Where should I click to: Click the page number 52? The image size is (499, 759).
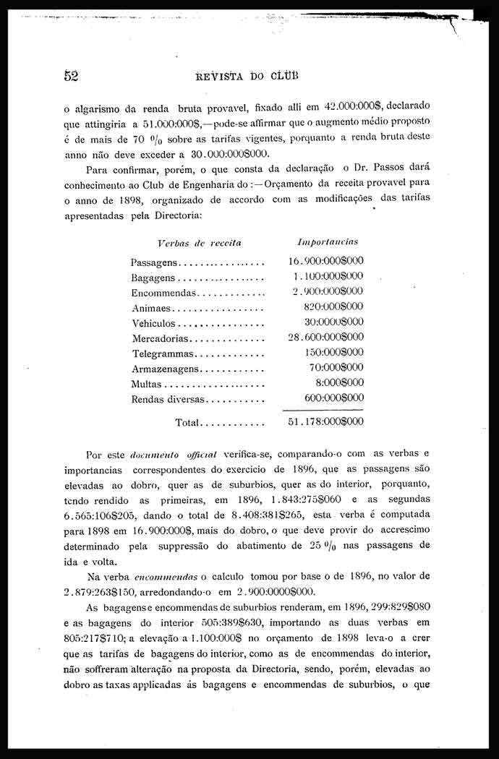(x=70, y=75)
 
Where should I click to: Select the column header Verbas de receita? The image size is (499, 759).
(x=199, y=243)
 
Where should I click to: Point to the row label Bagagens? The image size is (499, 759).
(x=153, y=278)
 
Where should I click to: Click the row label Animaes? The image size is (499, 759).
(x=150, y=308)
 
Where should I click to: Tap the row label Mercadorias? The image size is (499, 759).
(x=160, y=338)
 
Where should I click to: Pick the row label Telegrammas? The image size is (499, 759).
(x=163, y=353)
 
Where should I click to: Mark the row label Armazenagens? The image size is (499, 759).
(x=166, y=369)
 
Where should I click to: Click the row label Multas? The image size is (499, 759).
(x=146, y=384)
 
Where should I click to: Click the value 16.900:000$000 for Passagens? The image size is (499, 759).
(x=325, y=261)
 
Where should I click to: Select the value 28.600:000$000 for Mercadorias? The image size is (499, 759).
(x=325, y=337)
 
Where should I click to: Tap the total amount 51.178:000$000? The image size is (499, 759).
(x=325, y=421)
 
